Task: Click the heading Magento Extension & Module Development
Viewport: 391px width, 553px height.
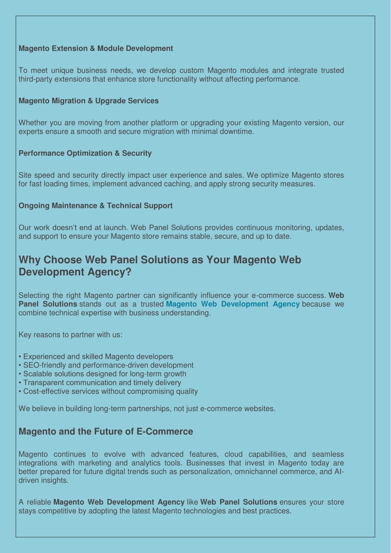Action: [x=95, y=49]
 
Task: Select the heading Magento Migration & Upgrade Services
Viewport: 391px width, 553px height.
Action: [x=89, y=101]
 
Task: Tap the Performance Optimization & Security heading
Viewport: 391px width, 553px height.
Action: [x=85, y=153]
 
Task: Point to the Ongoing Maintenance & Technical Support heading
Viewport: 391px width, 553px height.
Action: [x=95, y=206]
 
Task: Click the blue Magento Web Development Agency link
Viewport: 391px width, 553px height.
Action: [x=233, y=304]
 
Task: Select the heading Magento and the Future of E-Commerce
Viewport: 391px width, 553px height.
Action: [x=106, y=431]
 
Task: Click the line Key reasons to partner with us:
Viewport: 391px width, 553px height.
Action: [x=70, y=335]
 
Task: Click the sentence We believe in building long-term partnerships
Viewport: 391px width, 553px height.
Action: [x=147, y=409]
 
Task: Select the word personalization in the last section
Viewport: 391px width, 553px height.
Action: [x=205, y=472]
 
